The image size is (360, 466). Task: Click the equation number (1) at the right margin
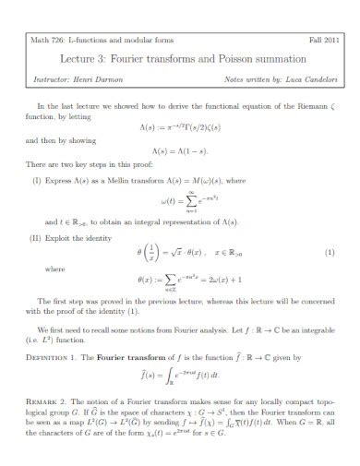330,252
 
